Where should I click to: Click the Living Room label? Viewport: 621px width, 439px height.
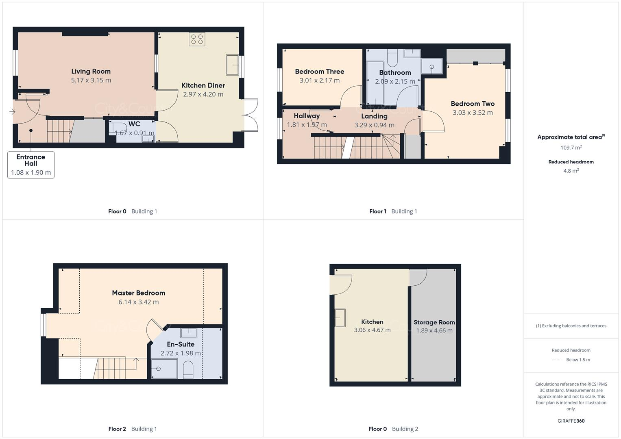[x=91, y=72]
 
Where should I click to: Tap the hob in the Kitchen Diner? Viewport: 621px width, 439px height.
[x=197, y=39]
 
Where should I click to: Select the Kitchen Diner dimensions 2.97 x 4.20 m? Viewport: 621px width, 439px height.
[x=203, y=94]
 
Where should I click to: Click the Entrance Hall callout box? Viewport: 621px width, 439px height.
[x=31, y=165]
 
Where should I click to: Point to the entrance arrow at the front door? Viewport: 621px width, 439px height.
[x=12, y=111]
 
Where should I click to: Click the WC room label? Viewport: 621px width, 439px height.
[x=134, y=124]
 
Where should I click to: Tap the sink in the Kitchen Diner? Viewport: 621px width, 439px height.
[x=233, y=65]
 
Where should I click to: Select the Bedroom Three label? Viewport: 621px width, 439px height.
[x=319, y=72]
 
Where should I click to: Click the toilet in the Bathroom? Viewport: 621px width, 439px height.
[x=392, y=58]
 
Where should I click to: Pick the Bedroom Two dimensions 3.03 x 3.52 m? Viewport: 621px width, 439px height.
[x=473, y=113]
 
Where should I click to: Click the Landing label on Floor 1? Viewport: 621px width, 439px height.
[x=374, y=116]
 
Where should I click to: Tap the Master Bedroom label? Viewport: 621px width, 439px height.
[x=138, y=293]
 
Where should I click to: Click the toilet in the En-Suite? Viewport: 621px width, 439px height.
[x=188, y=370]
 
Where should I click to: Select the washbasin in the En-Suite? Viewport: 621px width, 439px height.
[x=189, y=333]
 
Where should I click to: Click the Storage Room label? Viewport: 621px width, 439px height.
[x=434, y=322]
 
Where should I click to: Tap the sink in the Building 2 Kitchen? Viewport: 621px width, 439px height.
[x=340, y=317]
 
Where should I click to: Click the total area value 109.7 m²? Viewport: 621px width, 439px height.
[x=571, y=148]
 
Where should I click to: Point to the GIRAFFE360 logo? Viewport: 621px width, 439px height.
[x=571, y=421]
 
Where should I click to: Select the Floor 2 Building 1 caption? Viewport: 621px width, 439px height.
[x=133, y=429]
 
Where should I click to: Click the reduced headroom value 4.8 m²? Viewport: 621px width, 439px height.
[x=571, y=171]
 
